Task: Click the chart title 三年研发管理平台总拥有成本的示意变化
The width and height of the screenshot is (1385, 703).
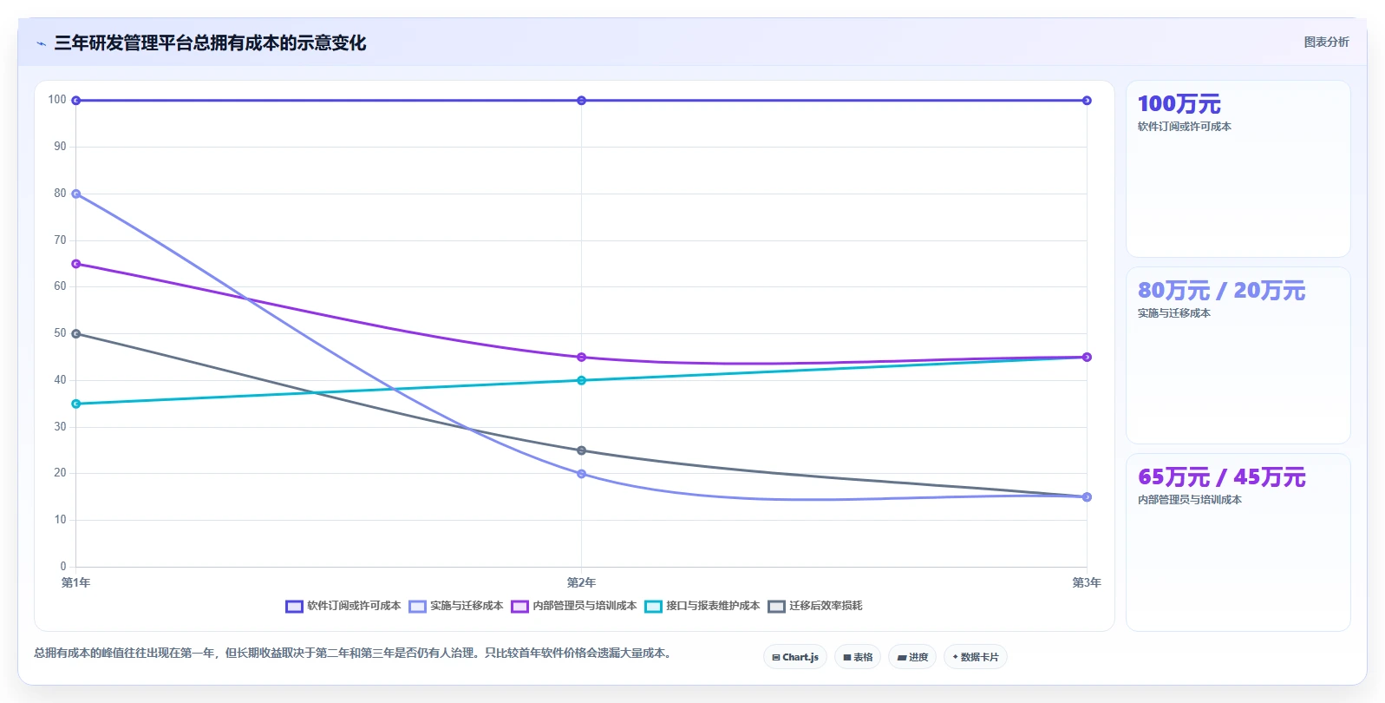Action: click(210, 43)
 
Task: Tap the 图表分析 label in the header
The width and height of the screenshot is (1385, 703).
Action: click(1326, 42)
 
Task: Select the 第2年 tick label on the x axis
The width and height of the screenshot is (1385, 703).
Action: click(581, 582)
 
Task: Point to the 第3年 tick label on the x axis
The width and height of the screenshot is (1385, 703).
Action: click(1087, 582)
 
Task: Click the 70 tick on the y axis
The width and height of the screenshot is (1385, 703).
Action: click(60, 240)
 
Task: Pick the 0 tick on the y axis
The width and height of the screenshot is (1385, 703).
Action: click(63, 566)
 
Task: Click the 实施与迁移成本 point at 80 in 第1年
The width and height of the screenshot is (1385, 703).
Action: click(76, 194)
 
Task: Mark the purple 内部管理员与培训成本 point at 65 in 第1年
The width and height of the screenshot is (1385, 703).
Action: click(76, 264)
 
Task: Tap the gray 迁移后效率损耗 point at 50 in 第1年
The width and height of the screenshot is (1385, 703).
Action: click(76, 333)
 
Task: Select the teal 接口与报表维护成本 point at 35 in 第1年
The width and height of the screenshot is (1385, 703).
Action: click(76, 404)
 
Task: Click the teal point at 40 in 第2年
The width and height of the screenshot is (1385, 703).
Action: click(581, 380)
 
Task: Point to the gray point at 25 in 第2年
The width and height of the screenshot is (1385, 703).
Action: click(581, 450)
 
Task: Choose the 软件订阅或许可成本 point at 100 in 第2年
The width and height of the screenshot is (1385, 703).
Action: click(581, 101)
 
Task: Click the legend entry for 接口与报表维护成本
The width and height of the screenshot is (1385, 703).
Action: click(702, 606)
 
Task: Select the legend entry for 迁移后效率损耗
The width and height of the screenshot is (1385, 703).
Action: click(815, 606)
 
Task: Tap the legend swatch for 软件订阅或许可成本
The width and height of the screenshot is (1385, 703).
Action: click(294, 607)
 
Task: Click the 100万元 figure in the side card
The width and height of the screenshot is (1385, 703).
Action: click(1179, 104)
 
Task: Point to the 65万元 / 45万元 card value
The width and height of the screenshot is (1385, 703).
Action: click(1222, 477)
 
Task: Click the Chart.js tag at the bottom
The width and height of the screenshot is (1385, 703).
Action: click(795, 657)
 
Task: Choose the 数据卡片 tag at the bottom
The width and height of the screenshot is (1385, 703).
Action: click(976, 657)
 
